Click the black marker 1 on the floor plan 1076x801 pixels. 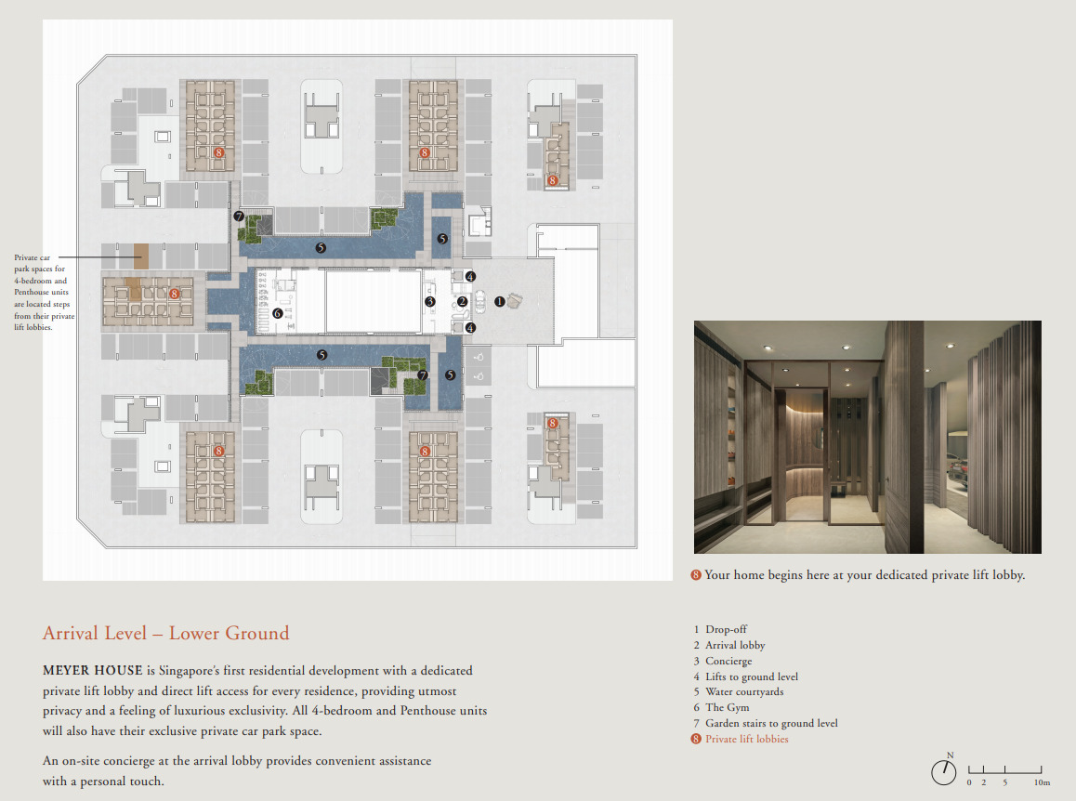[x=500, y=301]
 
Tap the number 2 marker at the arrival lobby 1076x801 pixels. [x=463, y=301]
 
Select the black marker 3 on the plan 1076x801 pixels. [x=430, y=301]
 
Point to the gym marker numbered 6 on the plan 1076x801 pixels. [x=278, y=313]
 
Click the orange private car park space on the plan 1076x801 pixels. [x=141, y=256]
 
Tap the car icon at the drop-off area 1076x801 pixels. [x=479, y=301]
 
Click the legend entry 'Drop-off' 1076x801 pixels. [x=726, y=629]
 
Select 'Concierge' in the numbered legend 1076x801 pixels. [x=728, y=661]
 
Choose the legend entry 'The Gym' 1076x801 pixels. [x=728, y=708]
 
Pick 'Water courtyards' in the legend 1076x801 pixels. [x=744, y=692]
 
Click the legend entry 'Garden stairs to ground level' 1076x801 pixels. [x=771, y=724]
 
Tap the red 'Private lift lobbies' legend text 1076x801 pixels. [x=747, y=740]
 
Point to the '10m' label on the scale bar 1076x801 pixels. [x=1042, y=782]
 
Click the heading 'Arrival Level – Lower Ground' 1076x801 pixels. [x=166, y=633]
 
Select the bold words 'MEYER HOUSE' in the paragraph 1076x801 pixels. [x=93, y=671]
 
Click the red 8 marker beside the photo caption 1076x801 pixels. [x=696, y=575]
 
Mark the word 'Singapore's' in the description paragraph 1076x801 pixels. [x=189, y=671]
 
